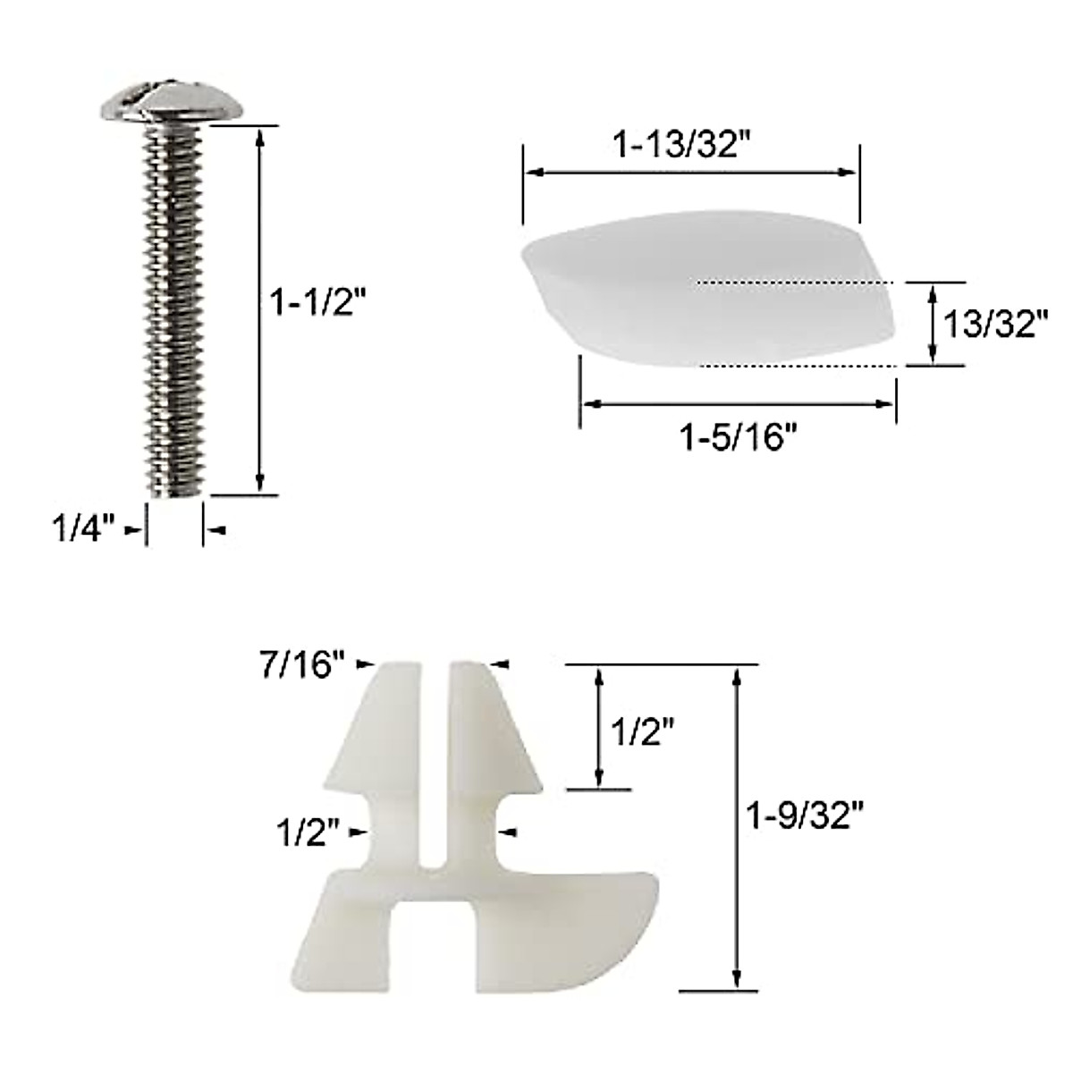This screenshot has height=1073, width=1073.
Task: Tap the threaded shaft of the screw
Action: (x=175, y=304)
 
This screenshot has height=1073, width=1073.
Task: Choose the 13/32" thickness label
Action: (x=995, y=324)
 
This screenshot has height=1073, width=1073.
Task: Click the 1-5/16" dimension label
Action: (x=739, y=439)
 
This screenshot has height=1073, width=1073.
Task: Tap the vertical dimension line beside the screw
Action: (x=260, y=308)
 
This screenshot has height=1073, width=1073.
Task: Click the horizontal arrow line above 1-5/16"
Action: (x=738, y=404)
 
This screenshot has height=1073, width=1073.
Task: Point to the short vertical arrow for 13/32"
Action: (x=932, y=324)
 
